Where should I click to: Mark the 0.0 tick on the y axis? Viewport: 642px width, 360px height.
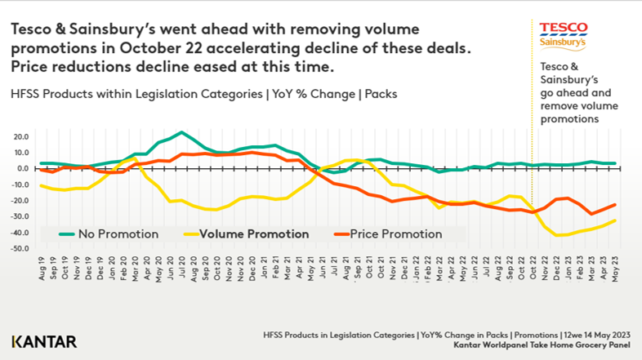[20, 168]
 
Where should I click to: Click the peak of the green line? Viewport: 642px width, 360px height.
[181, 132]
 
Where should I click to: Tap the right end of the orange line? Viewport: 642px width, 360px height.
[614, 205]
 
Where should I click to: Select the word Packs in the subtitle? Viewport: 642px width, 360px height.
[378, 94]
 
